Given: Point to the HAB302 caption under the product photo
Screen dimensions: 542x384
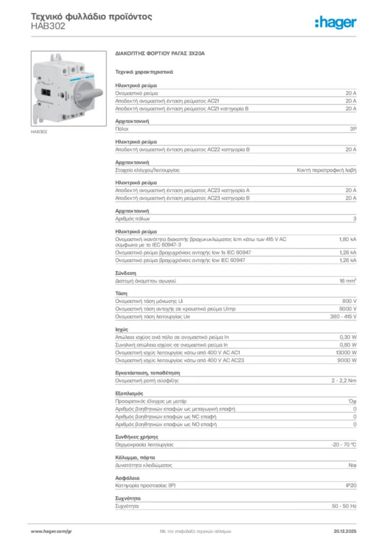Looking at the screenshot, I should coord(39,131).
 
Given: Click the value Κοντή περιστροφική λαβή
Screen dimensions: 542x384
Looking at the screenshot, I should coord(326,170).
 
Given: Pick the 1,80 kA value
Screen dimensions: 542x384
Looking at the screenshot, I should coord(347,239).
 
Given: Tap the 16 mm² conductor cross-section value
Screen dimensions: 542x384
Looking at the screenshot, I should coord(347,281).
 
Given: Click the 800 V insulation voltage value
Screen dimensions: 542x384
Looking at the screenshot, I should coord(348,301).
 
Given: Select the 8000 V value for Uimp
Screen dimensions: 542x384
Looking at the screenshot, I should coord(347,309).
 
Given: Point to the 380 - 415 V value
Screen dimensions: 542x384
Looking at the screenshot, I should coord(343,317).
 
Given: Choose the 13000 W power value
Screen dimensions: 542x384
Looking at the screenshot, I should coord(346,353).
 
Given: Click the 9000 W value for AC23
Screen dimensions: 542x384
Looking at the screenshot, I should coord(347,360).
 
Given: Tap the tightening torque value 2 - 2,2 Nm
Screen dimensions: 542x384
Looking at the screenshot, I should coord(344,381).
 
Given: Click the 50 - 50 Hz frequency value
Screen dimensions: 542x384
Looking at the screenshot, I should coord(344,506).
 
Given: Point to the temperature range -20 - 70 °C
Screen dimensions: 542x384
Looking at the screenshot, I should coord(343,445).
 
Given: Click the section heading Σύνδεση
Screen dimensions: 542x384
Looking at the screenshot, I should coord(123,273).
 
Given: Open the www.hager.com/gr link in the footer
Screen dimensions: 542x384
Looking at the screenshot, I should coord(51,530).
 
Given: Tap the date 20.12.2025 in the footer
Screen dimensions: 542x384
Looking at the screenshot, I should coord(345,530).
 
